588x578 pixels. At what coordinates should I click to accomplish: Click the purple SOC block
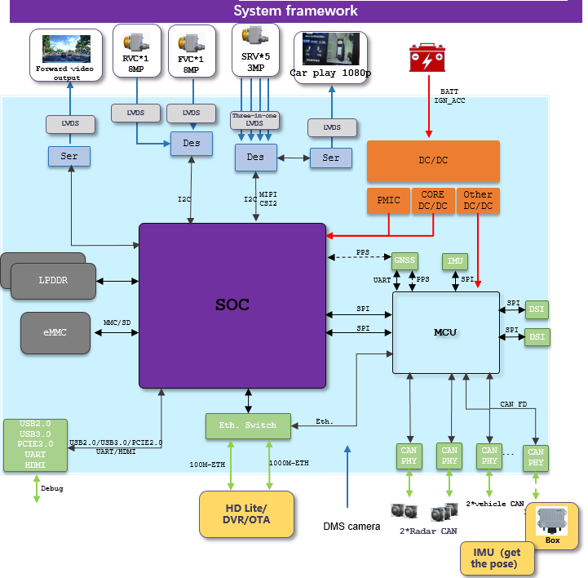point(232,305)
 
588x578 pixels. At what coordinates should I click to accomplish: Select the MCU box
point(444,331)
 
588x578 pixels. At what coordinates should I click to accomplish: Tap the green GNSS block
point(405,261)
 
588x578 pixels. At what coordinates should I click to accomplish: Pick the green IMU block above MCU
point(455,261)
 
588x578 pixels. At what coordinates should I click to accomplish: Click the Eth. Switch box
point(247,425)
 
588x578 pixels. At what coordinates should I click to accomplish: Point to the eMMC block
point(55,332)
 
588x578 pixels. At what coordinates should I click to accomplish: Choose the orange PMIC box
point(388,201)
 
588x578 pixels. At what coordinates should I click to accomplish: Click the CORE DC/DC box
point(433,201)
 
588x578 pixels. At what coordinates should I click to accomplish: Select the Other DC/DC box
point(478,201)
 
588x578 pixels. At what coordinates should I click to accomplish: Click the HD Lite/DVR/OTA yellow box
point(247,514)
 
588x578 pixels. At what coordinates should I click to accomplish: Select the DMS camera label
point(351,527)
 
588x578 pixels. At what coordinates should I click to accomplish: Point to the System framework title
point(295,11)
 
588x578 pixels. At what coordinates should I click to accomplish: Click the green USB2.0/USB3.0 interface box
point(35,445)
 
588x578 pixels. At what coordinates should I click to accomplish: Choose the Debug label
point(51,488)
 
